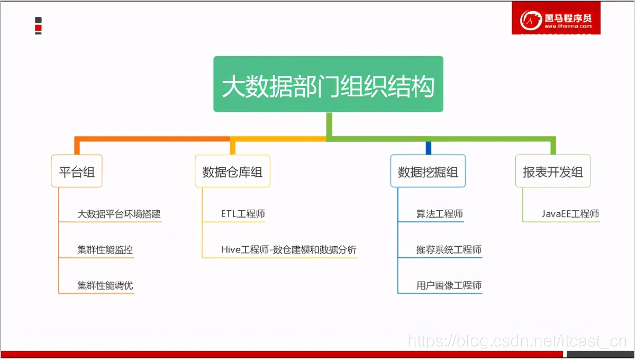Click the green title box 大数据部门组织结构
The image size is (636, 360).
tap(328, 84)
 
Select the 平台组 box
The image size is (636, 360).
tap(77, 171)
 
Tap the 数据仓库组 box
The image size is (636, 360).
tap(232, 171)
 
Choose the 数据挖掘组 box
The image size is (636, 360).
tap(428, 171)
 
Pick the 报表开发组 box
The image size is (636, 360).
tap(553, 171)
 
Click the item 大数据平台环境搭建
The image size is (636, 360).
tap(119, 214)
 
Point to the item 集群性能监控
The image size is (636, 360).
tap(105, 250)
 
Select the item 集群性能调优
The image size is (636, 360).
tap(105, 286)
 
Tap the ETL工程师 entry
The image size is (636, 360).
tap(243, 214)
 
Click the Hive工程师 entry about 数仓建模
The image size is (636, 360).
tap(288, 250)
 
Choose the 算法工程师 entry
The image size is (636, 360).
tap(439, 214)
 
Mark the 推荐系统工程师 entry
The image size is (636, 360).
tap(449, 250)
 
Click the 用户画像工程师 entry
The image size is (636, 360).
tap(449, 286)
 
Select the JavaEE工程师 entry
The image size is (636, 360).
tap(570, 214)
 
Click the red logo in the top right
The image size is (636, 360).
tap(556, 19)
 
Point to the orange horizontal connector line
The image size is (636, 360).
tap(153, 139)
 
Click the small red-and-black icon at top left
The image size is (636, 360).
tap(38, 25)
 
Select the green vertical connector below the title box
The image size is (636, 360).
tap(329, 125)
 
